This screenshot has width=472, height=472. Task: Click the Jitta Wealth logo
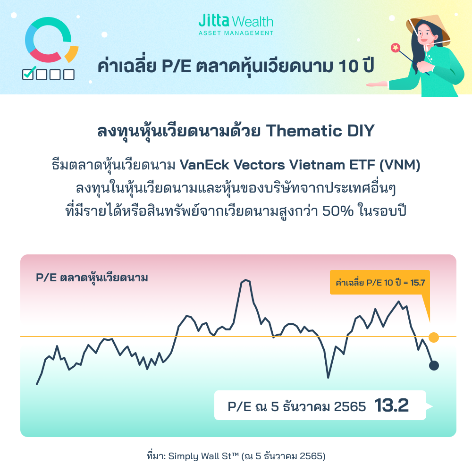pos(236,25)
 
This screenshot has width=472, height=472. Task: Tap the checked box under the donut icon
pos(29,74)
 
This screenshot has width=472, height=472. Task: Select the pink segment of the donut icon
pos(44,56)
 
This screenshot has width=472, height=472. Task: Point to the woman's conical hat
pos(429,29)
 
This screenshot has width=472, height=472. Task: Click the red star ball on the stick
pos(395,48)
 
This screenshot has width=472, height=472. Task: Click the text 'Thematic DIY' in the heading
pos(320,131)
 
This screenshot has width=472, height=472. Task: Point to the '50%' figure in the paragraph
pos(338,211)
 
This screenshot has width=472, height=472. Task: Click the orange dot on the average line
pos(433,337)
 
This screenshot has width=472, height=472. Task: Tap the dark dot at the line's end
pos(434,366)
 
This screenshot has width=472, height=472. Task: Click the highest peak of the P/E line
pos(246,280)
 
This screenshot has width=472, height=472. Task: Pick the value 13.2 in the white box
pos(392,405)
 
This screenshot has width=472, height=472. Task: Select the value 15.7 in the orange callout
pos(418,282)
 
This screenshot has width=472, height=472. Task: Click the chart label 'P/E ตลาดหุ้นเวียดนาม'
pos(92,278)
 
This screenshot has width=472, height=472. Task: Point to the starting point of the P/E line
pos(37,384)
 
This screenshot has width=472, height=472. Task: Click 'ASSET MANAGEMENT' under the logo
pos(236,33)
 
